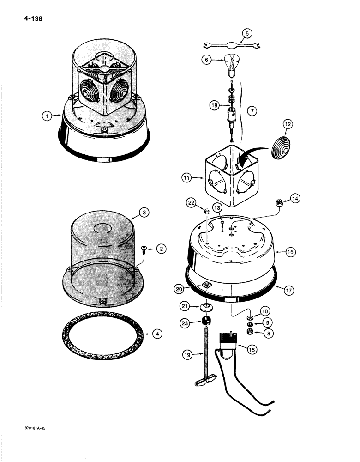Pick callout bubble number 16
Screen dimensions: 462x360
(290, 252)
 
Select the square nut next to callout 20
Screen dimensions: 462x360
(206, 284)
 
